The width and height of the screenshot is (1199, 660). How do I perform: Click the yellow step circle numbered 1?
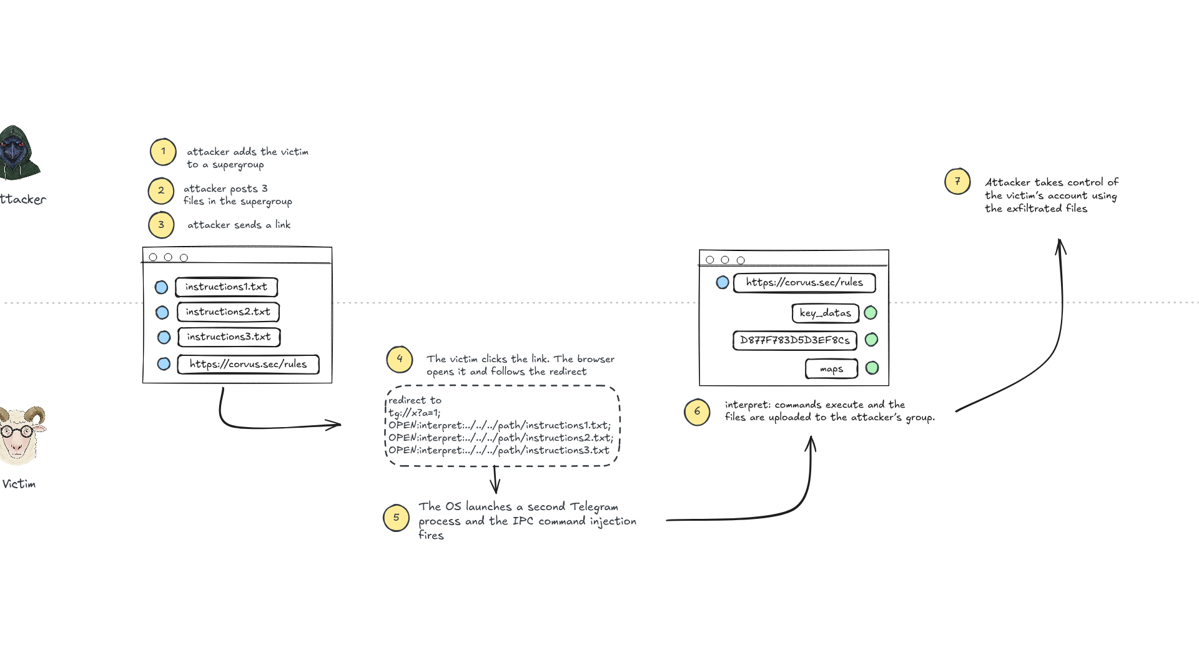[x=163, y=152]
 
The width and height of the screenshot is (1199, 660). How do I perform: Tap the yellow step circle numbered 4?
[x=400, y=359]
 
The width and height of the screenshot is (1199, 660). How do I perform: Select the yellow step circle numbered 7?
[x=957, y=182]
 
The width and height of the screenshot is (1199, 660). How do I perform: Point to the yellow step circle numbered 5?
[x=396, y=518]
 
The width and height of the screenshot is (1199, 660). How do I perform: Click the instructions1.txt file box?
[x=226, y=287]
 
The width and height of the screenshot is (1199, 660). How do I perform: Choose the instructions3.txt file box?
[x=229, y=337]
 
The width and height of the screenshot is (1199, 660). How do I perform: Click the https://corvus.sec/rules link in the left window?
[x=248, y=364]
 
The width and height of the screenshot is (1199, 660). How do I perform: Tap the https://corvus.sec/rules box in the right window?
[x=804, y=283]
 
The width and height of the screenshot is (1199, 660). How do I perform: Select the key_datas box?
[x=825, y=313]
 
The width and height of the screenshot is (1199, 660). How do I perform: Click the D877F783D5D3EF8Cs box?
[x=794, y=340]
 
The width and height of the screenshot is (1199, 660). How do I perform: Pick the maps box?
[x=831, y=369]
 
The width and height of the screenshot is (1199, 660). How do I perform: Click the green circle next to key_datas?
[x=871, y=312]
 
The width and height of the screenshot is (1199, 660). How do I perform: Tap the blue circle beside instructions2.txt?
[x=162, y=312]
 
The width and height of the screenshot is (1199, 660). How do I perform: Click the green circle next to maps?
[x=872, y=368]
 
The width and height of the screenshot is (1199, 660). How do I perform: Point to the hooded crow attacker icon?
[x=19, y=152]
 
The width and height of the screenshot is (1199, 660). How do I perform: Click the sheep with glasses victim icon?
[x=22, y=435]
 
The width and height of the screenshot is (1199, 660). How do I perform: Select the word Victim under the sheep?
[x=19, y=484]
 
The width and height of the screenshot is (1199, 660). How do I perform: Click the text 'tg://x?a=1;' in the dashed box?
[x=414, y=413]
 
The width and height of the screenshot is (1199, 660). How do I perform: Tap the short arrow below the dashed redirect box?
[x=496, y=480]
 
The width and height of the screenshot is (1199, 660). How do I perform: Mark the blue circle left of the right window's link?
[x=723, y=282]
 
